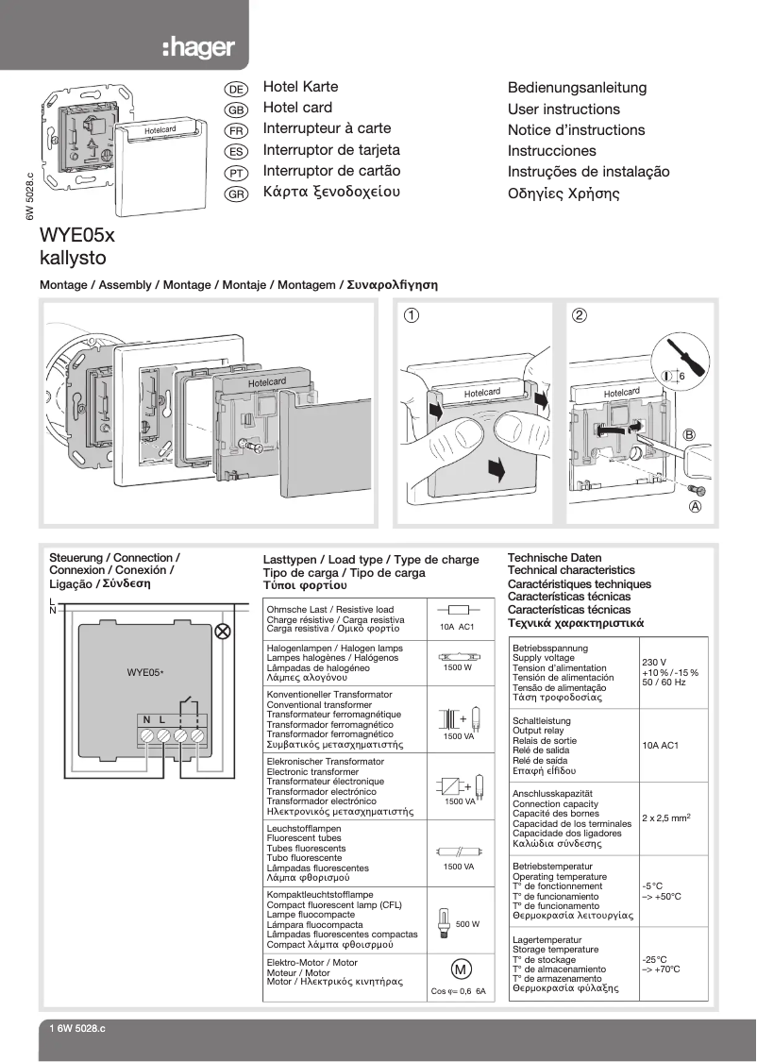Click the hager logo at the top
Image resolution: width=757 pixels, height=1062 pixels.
[x=197, y=47]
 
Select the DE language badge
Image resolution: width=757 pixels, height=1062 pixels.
[x=236, y=89]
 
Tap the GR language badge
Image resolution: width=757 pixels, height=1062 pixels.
[x=236, y=194]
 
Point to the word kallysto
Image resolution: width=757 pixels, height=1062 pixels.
[x=73, y=257]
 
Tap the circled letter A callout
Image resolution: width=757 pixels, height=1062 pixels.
[x=696, y=506]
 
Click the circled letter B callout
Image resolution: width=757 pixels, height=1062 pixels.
[x=689, y=434]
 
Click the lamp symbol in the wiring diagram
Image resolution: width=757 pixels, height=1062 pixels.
[x=224, y=632]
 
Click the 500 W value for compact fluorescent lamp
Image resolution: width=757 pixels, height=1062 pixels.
[x=467, y=924]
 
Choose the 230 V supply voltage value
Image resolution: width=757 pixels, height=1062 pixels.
[x=654, y=662]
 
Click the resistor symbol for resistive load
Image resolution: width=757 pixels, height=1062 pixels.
[x=458, y=611]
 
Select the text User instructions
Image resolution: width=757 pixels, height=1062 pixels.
[x=564, y=110]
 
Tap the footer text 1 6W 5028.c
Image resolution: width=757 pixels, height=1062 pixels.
[x=77, y=1028]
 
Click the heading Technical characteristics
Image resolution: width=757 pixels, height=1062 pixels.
[x=571, y=570]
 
